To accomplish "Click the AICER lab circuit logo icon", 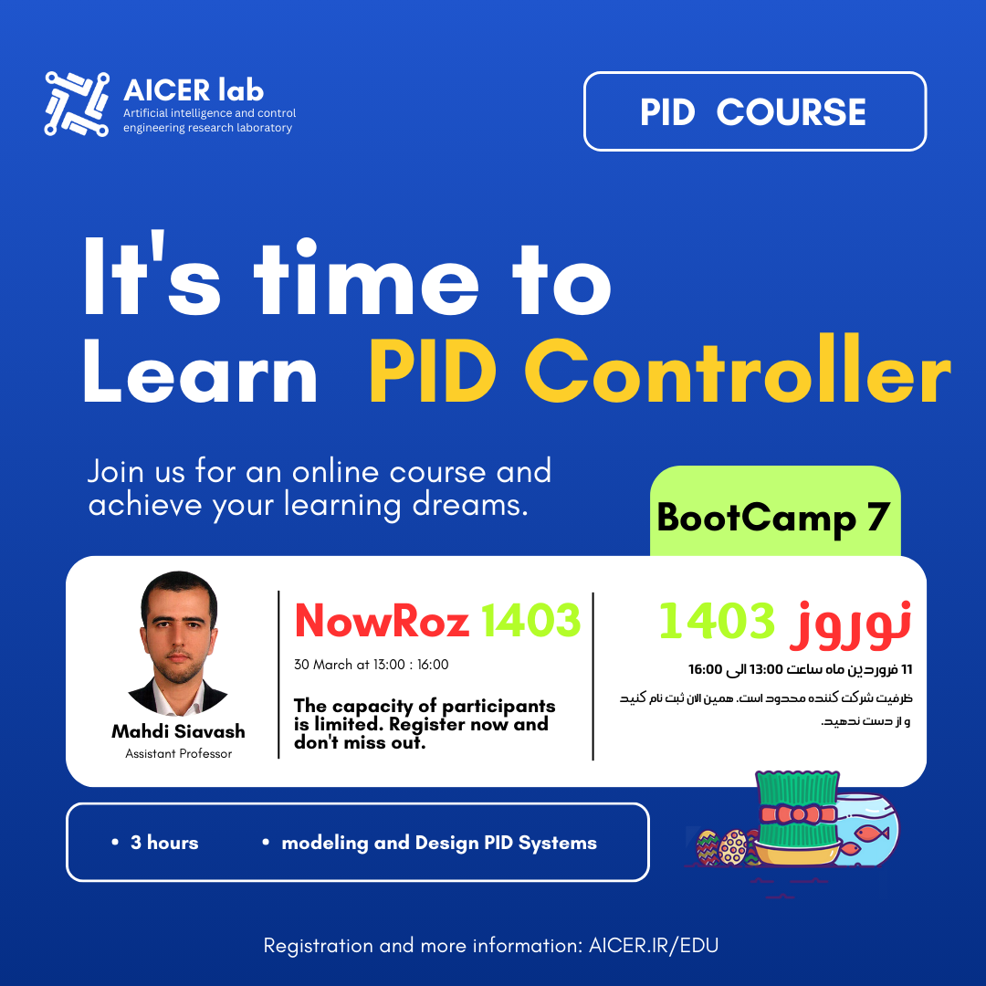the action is pyautogui.click(x=77, y=104).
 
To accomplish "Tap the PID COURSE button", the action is pyautogui.click(x=755, y=111).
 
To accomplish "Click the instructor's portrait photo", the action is pyautogui.click(x=179, y=643).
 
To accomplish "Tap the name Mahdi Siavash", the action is pyautogui.click(x=179, y=731).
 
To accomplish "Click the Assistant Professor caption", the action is pyautogui.click(x=179, y=753).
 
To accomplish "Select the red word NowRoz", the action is pyautogui.click(x=382, y=621).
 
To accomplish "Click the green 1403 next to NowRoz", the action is pyautogui.click(x=530, y=621).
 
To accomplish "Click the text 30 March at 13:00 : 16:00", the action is pyautogui.click(x=371, y=665).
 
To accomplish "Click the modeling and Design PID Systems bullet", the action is pyautogui.click(x=429, y=843).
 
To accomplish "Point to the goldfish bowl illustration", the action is pyautogui.click(x=865, y=829).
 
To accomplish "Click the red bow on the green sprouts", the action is pyautogui.click(x=799, y=815).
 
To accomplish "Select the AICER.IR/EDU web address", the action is pyautogui.click(x=654, y=945).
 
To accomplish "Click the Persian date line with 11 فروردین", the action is pyautogui.click(x=800, y=669).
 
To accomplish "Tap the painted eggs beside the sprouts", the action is pyautogui.click(x=723, y=847).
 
